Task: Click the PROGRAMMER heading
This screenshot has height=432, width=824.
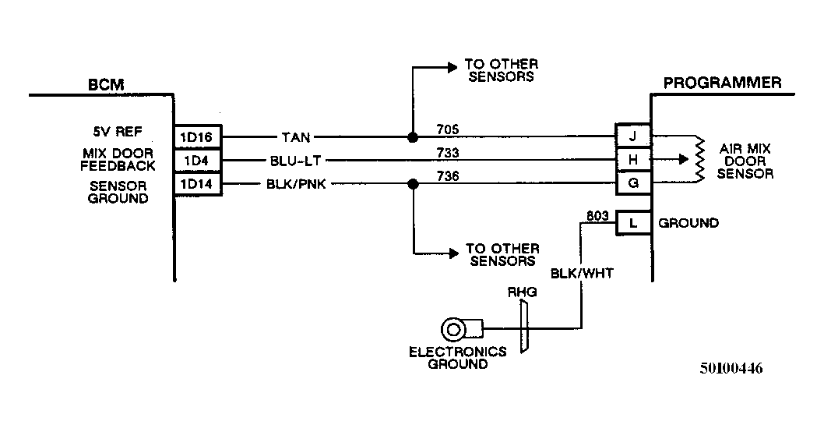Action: tap(721, 83)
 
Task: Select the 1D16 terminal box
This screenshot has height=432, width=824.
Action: tap(198, 137)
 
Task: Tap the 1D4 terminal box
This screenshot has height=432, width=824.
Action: tap(198, 161)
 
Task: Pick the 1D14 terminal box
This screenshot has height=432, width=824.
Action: tap(198, 185)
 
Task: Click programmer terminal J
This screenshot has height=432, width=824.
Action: tap(632, 136)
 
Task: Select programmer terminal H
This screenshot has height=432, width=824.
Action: tap(632, 160)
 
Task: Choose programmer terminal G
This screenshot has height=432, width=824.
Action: tap(632, 184)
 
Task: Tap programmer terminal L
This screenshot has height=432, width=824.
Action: tap(632, 223)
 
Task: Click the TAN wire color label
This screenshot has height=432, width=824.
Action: tap(296, 138)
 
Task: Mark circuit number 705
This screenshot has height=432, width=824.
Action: tap(448, 129)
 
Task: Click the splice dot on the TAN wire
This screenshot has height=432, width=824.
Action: tap(412, 137)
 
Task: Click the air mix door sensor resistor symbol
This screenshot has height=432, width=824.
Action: tap(700, 160)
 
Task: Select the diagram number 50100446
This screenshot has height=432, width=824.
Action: tap(731, 369)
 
